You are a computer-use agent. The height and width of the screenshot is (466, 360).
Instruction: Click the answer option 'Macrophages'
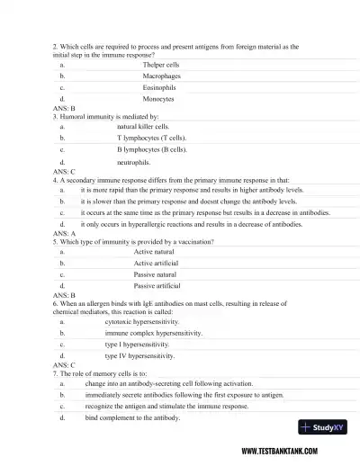163,77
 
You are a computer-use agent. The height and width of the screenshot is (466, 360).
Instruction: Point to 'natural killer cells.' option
143,127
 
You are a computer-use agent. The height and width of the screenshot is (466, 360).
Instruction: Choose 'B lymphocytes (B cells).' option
151,150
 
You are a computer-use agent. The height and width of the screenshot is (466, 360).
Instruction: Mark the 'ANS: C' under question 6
64,365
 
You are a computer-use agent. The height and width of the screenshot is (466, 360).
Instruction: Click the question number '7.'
56,372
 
